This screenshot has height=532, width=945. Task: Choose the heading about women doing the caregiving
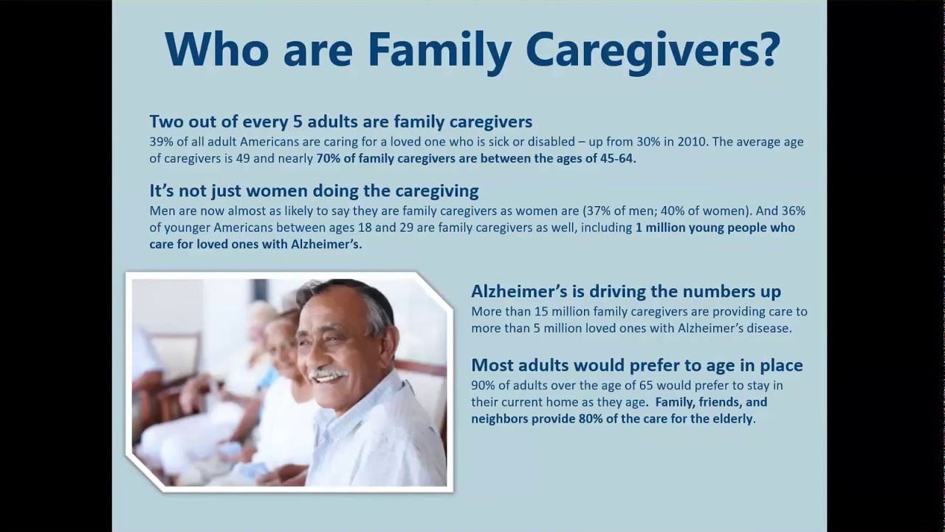coord(314,191)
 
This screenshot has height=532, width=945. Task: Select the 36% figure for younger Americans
coord(792,211)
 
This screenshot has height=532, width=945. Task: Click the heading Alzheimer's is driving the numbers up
coord(625,291)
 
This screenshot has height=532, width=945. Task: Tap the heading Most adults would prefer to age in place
coord(636,365)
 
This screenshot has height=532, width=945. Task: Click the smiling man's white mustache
coord(329,375)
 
